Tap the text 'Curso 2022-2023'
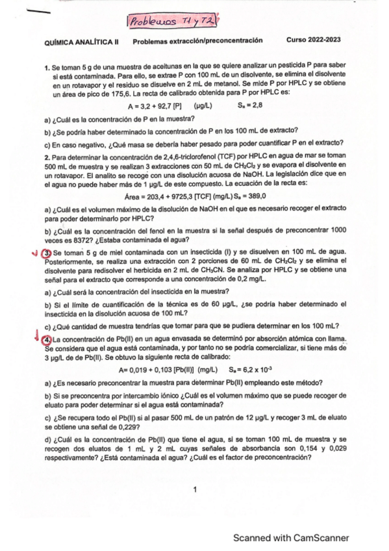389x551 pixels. coord(314,40)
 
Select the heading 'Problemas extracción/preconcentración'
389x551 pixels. coord(197,40)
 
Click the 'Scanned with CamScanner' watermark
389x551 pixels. coord(292,537)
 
